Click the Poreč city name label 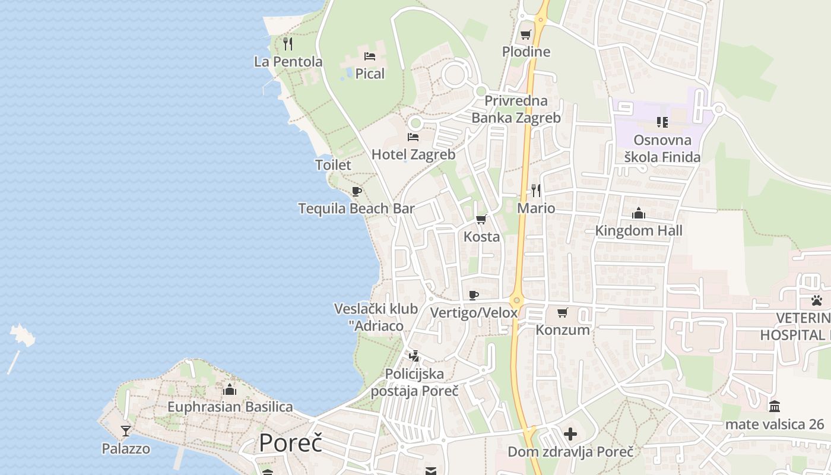point(290,443)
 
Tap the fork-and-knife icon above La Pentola point(288,44)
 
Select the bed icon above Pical point(370,56)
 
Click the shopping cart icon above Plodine point(525,34)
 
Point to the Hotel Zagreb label point(413,154)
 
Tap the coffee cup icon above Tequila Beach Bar point(356,191)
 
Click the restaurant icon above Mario point(536,190)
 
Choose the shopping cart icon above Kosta point(481,219)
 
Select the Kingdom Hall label point(639,230)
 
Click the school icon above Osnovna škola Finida point(662,122)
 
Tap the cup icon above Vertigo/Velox point(473,295)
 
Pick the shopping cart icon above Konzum point(562,312)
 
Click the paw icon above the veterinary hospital point(817,300)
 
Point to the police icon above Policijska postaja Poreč point(414,356)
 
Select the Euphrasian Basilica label point(230,407)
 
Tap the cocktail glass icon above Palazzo point(125,430)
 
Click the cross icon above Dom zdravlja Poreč point(570,434)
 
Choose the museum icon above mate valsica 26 point(774,407)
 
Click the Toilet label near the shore point(333,164)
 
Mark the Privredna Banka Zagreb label point(516,109)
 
